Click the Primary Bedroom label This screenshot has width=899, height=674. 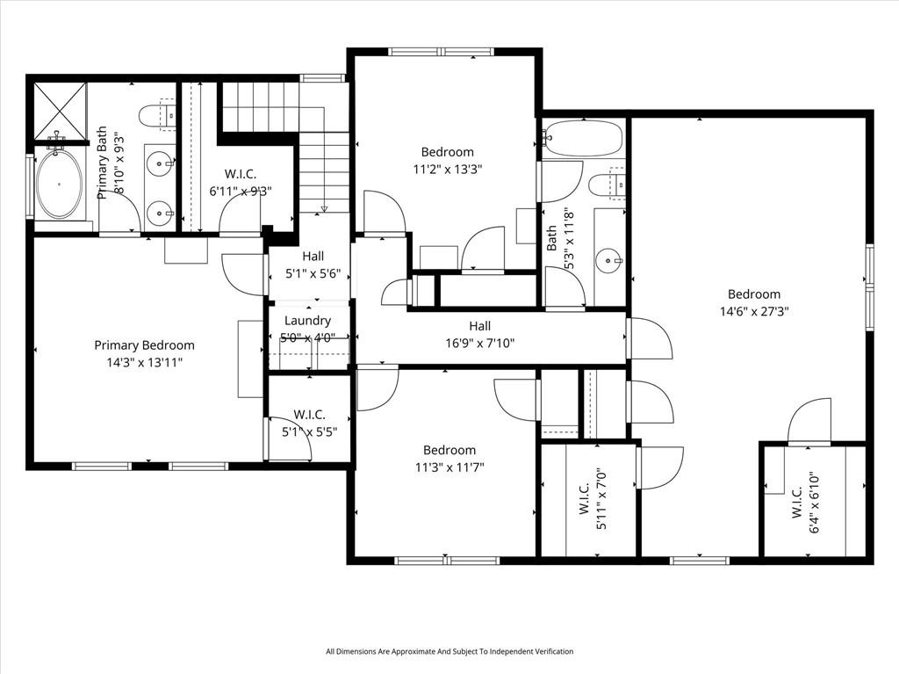click(145, 345)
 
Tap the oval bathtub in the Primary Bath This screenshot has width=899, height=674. click(59, 184)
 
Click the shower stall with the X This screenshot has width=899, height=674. click(61, 112)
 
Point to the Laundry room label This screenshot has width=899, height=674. click(307, 321)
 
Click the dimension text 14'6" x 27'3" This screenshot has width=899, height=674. click(754, 312)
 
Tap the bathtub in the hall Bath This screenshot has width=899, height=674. click(582, 138)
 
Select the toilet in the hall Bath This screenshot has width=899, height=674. click(608, 184)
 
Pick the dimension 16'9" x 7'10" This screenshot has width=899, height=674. click(480, 344)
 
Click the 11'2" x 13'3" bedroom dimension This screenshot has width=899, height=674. click(447, 170)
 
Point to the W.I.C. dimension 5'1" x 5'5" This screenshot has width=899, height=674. click(309, 431)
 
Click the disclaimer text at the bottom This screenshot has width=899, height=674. click(449, 651)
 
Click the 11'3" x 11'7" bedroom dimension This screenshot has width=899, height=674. click(449, 467)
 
